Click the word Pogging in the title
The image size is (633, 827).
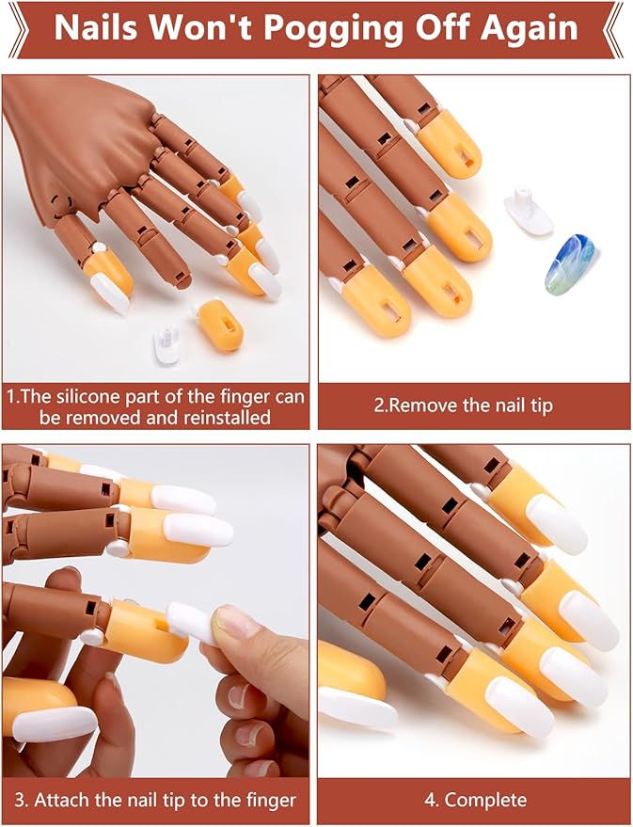click(334, 28)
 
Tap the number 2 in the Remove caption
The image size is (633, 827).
click(380, 406)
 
